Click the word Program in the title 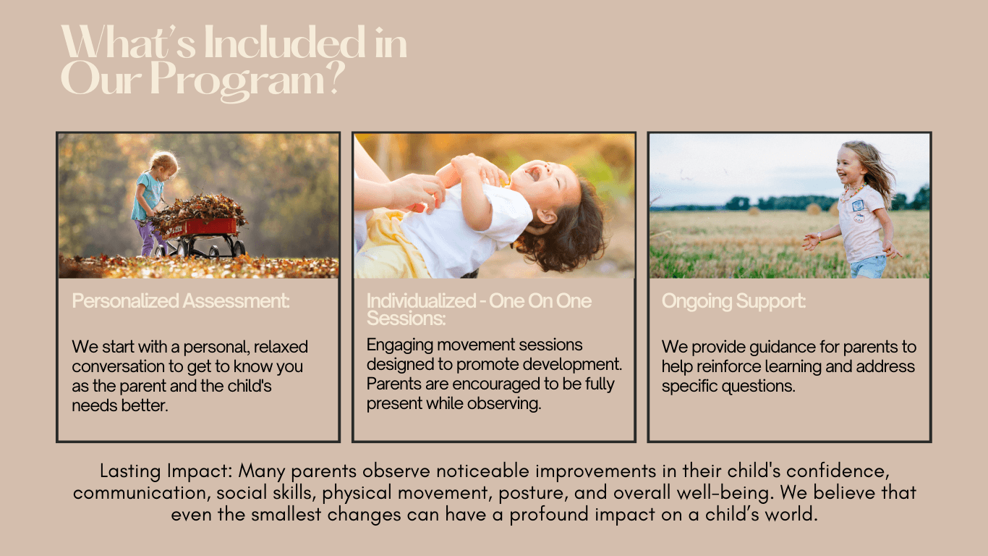tap(238, 81)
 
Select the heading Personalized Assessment tap(181, 301)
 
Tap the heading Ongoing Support tap(733, 301)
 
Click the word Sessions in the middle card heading tap(406, 319)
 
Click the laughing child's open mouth tap(534, 174)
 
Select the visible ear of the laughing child tap(548, 216)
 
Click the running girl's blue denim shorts tap(867, 266)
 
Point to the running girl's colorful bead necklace tap(853, 192)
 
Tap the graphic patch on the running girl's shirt tap(858, 206)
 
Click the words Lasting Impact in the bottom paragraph tap(166, 471)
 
